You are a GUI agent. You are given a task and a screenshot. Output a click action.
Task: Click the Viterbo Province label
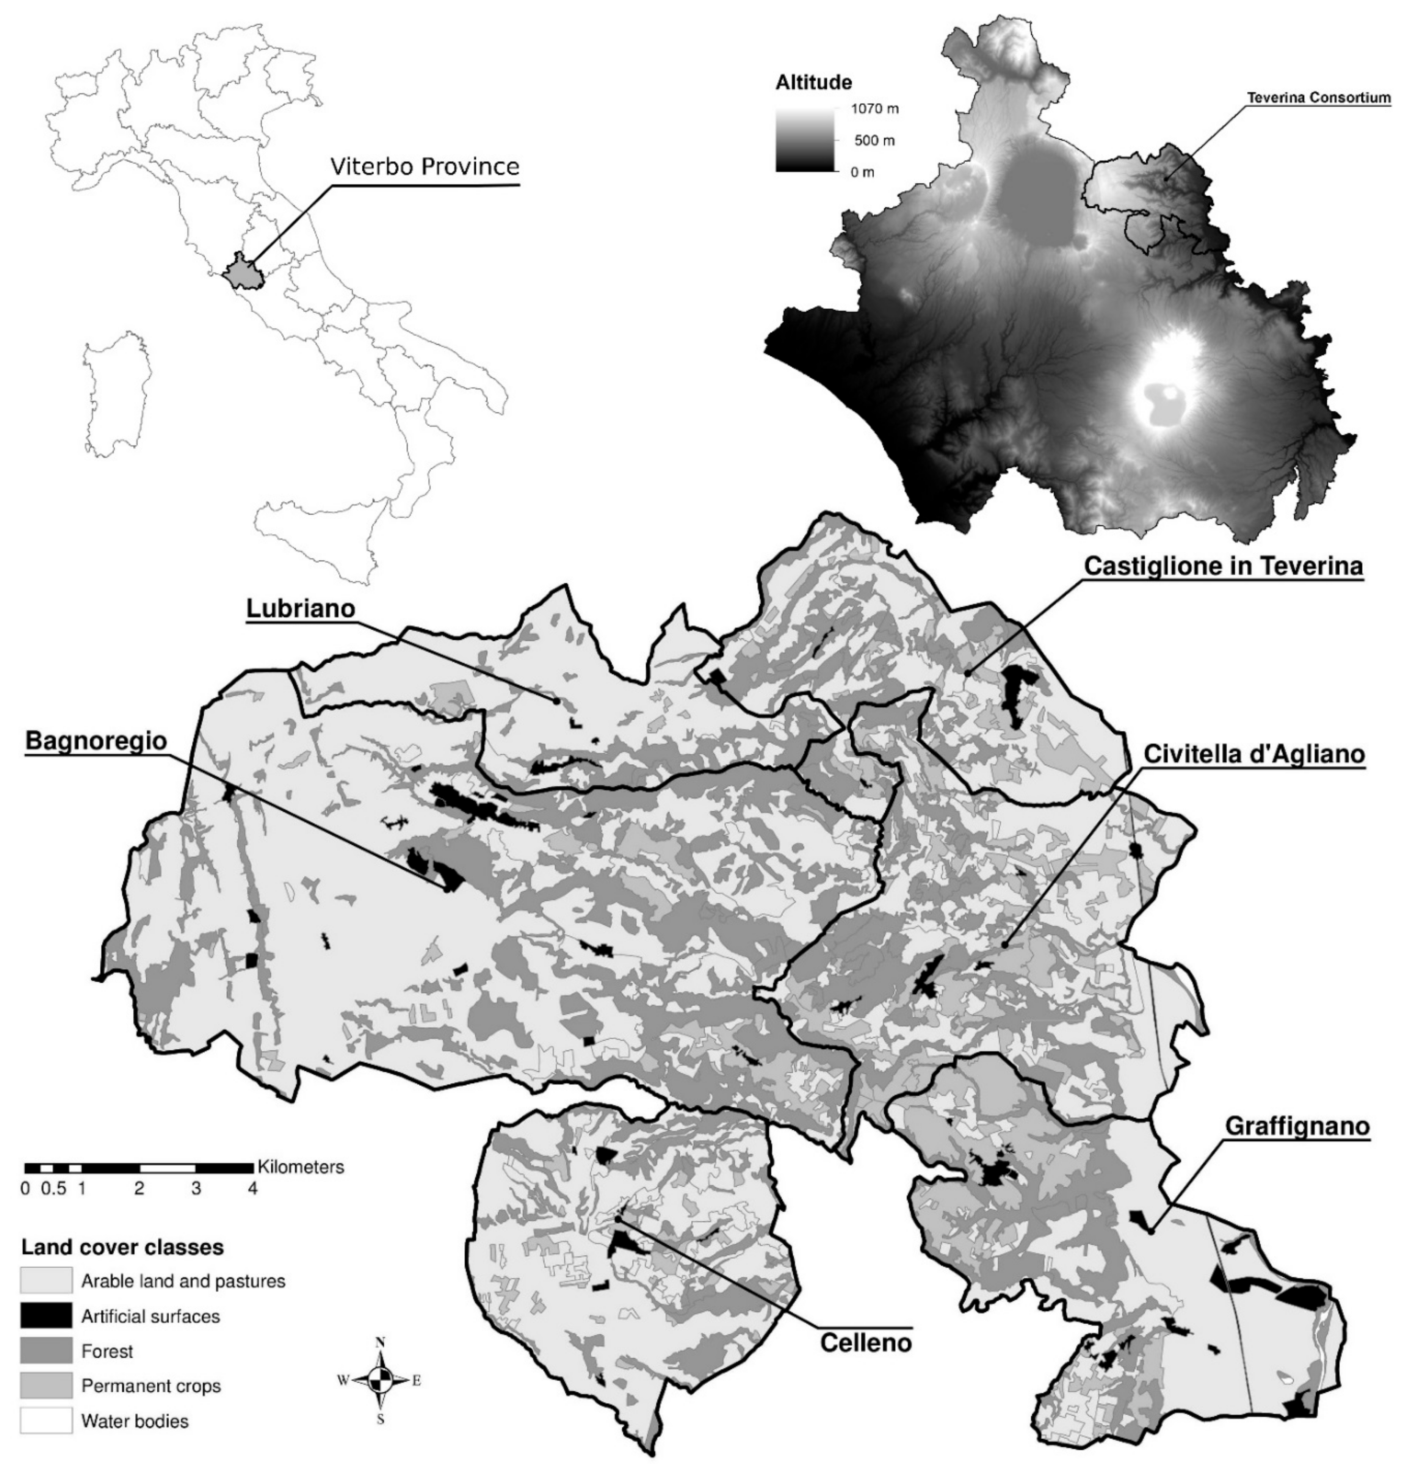tap(425, 166)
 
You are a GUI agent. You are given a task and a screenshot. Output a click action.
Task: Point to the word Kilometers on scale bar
tap(301, 1167)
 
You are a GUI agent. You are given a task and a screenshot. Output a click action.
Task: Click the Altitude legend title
tap(814, 82)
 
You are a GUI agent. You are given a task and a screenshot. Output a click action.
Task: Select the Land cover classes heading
tap(122, 1247)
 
